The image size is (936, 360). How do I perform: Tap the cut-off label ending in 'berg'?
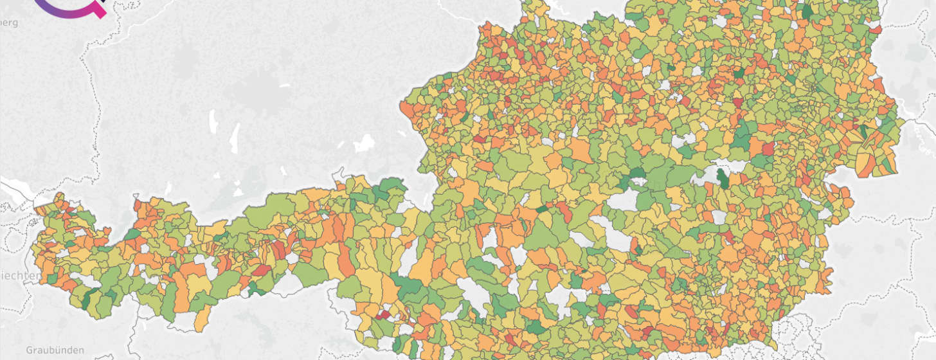[9, 23]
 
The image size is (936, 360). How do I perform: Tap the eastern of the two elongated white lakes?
[235, 138]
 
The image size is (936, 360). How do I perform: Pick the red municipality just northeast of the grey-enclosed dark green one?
[768, 148]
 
